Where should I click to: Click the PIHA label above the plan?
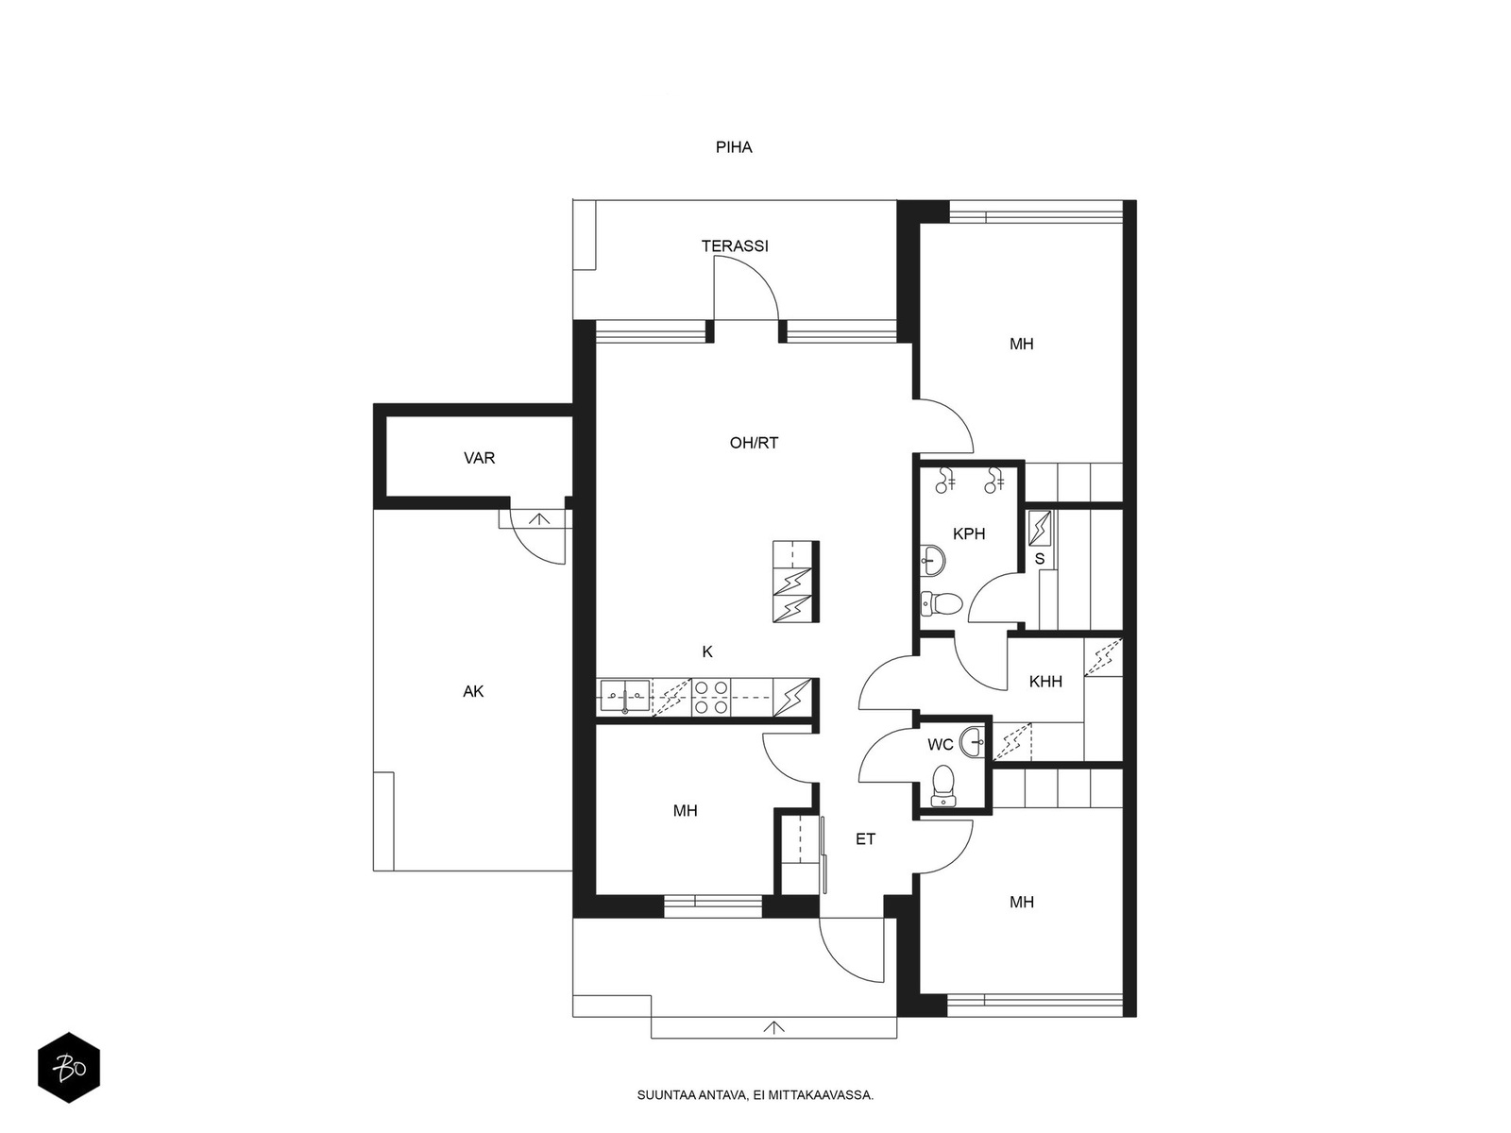tap(733, 147)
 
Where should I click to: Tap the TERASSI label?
tap(735, 245)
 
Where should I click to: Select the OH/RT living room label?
tap(754, 443)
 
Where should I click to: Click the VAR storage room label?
tap(479, 458)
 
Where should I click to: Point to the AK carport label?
tap(473, 691)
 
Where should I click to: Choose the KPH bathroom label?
tap(969, 533)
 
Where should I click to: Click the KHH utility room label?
tap(1045, 682)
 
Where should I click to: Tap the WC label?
tap(941, 744)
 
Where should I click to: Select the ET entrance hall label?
tap(865, 839)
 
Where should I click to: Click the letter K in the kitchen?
tap(707, 651)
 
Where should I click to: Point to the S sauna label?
tap(1040, 559)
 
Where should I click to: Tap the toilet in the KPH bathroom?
tap(941, 604)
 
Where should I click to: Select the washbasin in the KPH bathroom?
tap(933, 560)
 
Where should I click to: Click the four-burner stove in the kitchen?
tap(711, 697)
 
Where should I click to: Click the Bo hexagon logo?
tap(69, 1068)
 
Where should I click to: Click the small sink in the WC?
tap(974, 741)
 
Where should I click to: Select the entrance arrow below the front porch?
tap(773, 1028)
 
